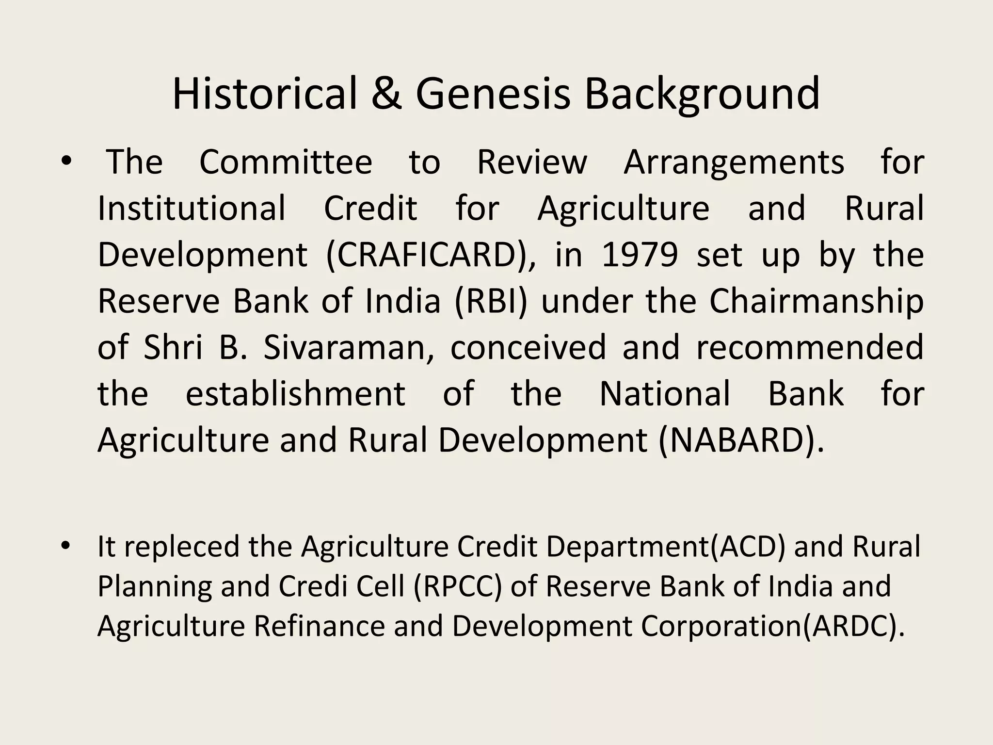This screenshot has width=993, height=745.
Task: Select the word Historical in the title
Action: coord(264,94)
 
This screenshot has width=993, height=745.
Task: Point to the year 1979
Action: coord(640,255)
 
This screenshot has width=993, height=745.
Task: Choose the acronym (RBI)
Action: coord(491,301)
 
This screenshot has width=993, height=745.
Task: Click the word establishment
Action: coord(295,394)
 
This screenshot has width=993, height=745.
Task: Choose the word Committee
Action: coord(286,162)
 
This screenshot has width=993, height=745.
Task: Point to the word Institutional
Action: coord(192,209)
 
